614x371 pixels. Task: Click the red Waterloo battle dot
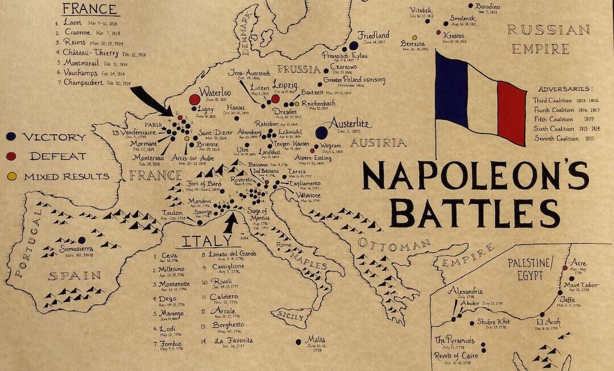click(194, 99)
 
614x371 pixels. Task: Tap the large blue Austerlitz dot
click(321, 132)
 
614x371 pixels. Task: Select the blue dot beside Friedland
click(354, 45)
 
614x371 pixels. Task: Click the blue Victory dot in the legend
click(12, 137)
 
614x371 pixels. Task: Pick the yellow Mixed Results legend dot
click(12, 176)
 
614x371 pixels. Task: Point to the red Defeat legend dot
click(12, 156)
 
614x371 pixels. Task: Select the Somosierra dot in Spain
click(82, 240)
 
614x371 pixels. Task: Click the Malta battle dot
click(298, 342)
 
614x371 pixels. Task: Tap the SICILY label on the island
click(289, 315)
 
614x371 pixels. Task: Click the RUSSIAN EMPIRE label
click(549, 39)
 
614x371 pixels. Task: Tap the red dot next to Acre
click(565, 268)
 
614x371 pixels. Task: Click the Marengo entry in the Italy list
click(173, 313)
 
